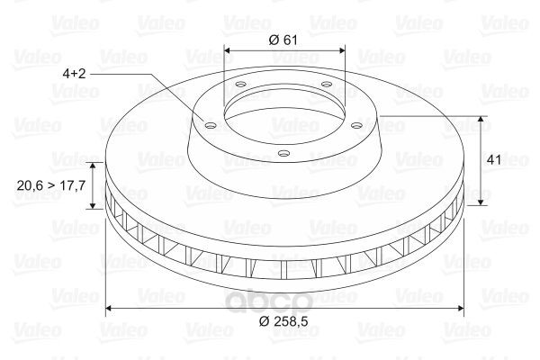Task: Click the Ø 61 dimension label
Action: click(283, 40)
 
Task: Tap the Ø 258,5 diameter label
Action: click(283, 321)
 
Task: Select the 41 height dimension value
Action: click(494, 160)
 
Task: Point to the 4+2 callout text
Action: click(74, 74)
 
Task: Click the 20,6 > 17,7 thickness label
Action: click(51, 185)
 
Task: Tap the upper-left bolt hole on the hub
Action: click(240, 84)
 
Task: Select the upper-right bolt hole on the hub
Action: click(326, 84)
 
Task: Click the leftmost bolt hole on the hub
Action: click(210, 125)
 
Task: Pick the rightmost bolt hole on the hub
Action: click(357, 126)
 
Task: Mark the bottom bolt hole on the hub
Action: click(283, 153)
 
